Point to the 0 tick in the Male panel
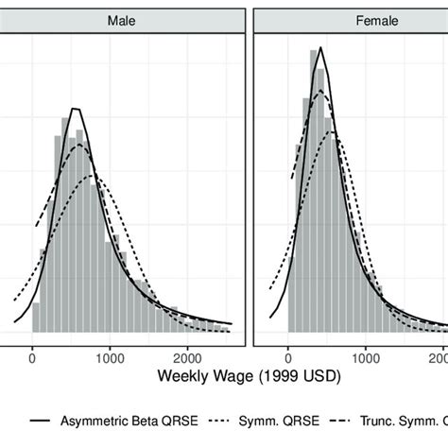click(x=33, y=357)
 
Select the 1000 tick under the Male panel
click(x=111, y=357)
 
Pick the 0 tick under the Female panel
click(x=288, y=357)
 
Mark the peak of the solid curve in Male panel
click(x=76, y=109)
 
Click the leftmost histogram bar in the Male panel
click(x=36, y=318)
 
